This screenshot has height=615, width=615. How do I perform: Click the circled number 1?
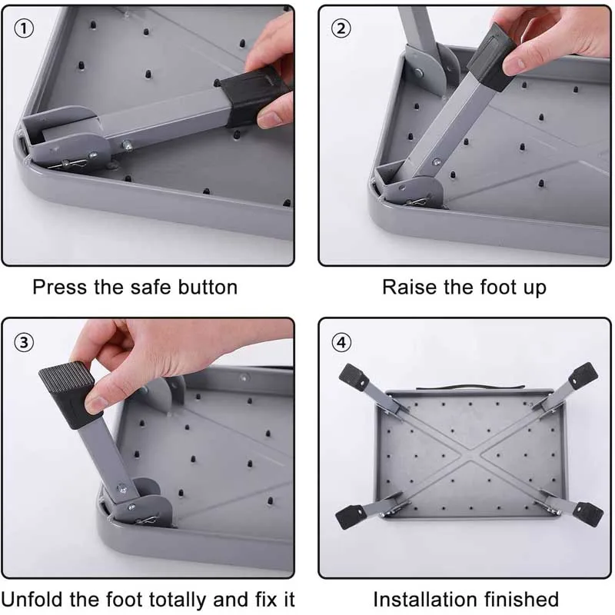click(24, 28)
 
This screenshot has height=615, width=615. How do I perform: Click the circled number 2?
click(341, 28)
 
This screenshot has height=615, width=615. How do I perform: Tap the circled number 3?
click(24, 342)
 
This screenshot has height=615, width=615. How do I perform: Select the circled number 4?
click(341, 342)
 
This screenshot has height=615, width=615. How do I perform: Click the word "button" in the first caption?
click(208, 287)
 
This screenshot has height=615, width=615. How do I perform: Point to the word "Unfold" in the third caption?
click(32, 600)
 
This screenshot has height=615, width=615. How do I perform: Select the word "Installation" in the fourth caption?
click(425, 600)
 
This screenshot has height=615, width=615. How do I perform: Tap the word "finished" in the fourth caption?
click(521, 600)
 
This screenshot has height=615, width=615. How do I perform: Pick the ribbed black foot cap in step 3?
click(71, 394)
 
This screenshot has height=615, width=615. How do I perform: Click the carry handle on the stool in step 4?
click(470, 387)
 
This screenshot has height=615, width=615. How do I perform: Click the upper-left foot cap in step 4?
click(354, 377)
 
